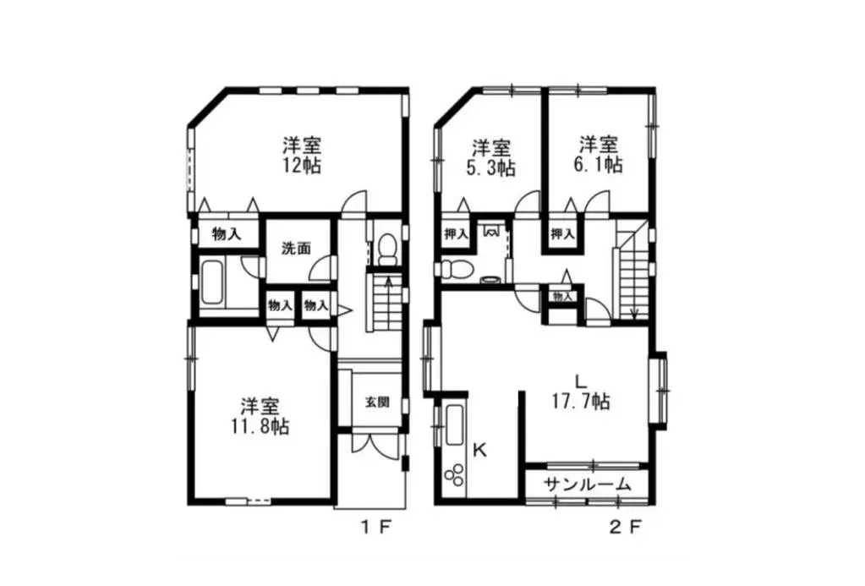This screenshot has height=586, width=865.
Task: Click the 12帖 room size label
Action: tap(301, 166)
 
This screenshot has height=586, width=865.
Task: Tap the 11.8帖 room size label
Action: tap(260, 426)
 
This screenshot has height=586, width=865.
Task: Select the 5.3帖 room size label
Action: tap(490, 167)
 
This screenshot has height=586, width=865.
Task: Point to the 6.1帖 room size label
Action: tap(599, 164)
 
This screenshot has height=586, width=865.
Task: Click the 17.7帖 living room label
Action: tap(581, 401)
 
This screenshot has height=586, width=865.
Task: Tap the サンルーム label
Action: tap(587, 485)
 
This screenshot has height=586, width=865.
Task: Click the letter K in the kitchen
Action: tap(480, 451)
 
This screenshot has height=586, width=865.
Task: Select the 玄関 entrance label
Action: tap(377, 401)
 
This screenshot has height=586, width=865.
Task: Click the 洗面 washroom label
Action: tap(296, 249)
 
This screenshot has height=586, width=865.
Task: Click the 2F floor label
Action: tap(625, 527)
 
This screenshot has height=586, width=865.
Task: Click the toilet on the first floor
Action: tap(388, 249)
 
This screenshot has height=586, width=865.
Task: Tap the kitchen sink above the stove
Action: tap(455, 424)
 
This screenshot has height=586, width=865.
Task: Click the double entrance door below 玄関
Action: tap(375, 443)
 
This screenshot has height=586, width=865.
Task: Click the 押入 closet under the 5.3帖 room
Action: tap(456, 234)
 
